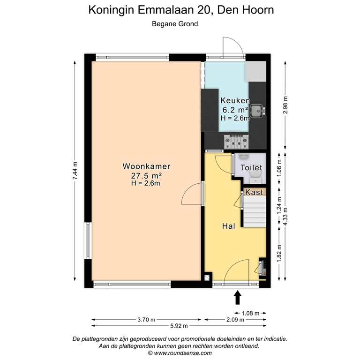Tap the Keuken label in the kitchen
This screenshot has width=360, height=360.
[x=235, y=101]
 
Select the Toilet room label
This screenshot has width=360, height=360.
[x=251, y=167]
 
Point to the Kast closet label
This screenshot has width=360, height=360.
[x=254, y=192]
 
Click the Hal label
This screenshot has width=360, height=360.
[x=228, y=226]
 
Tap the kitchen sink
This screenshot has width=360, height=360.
[x=257, y=111]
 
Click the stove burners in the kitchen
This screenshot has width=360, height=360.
[x=235, y=140]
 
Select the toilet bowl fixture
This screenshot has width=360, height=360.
[x=255, y=177]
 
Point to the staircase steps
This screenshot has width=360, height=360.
[x=254, y=210]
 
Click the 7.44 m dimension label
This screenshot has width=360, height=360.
[x=75, y=173]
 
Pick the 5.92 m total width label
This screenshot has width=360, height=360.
[x=179, y=326]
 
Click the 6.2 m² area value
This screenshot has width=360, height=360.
[x=235, y=110]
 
